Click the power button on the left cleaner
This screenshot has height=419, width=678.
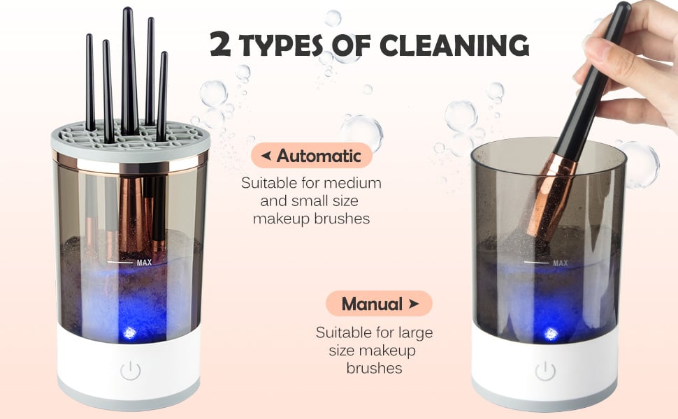[x=130, y=371]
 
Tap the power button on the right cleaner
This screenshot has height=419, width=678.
[x=544, y=371]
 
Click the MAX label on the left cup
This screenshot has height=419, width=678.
[x=145, y=262]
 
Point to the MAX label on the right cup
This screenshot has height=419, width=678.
[x=561, y=263]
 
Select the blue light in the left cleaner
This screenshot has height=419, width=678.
[x=129, y=333]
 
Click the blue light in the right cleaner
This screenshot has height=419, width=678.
[x=551, y=334]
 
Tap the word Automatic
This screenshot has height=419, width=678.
[x=319, y=156]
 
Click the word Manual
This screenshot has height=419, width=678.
[x=372, y=304]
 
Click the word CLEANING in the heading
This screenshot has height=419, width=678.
[x=454, y=45]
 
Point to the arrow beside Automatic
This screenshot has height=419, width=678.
[x=266, y=155]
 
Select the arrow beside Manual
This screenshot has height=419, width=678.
[x=414, y=303]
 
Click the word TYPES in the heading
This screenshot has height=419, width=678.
[x=282, y=45]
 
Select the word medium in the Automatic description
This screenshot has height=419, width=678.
[x=352, y=183]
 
